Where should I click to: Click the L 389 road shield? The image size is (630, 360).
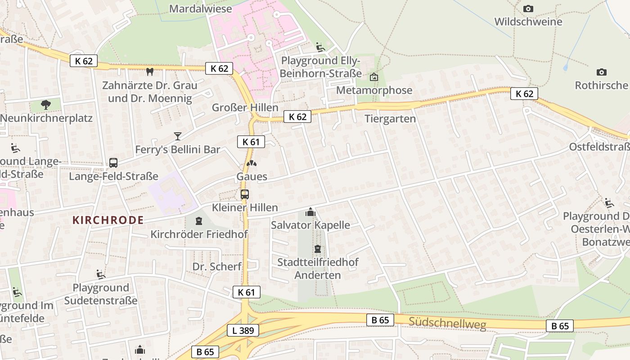tap(243, 331)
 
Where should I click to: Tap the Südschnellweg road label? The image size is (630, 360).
tap(448, 323)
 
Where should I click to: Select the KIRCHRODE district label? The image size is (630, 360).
tap(108, 220)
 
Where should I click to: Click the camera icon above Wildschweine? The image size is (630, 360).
tap(528, 9)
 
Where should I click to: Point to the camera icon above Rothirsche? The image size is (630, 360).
tap(601, 72)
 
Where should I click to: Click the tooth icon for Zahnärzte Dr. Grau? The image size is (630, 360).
tap(150, 72)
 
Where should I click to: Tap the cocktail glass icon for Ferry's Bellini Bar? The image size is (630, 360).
tap(178, 136)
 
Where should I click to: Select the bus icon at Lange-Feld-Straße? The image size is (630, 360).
tap(113, 163)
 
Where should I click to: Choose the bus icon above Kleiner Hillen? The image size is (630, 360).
tap(245, 194)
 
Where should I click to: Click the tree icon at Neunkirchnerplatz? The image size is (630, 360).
tap(45, 105)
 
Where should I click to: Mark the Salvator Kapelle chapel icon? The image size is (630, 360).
tap(310, 211)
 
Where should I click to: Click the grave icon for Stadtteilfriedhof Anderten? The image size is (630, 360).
tap(318, 248)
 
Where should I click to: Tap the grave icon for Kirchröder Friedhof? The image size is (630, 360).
tap(199, 220)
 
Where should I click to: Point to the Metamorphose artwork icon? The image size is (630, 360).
tap(373, 77)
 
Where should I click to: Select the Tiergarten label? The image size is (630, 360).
tap(390, 119)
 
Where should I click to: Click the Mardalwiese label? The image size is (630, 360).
tap(201, 9)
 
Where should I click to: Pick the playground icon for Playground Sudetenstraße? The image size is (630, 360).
tap(101, 274)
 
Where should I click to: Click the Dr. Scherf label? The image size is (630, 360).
tap(217, 266)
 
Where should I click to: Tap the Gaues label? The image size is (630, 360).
tap(252, 176)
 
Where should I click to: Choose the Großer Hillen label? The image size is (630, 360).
tap(245, 108)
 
